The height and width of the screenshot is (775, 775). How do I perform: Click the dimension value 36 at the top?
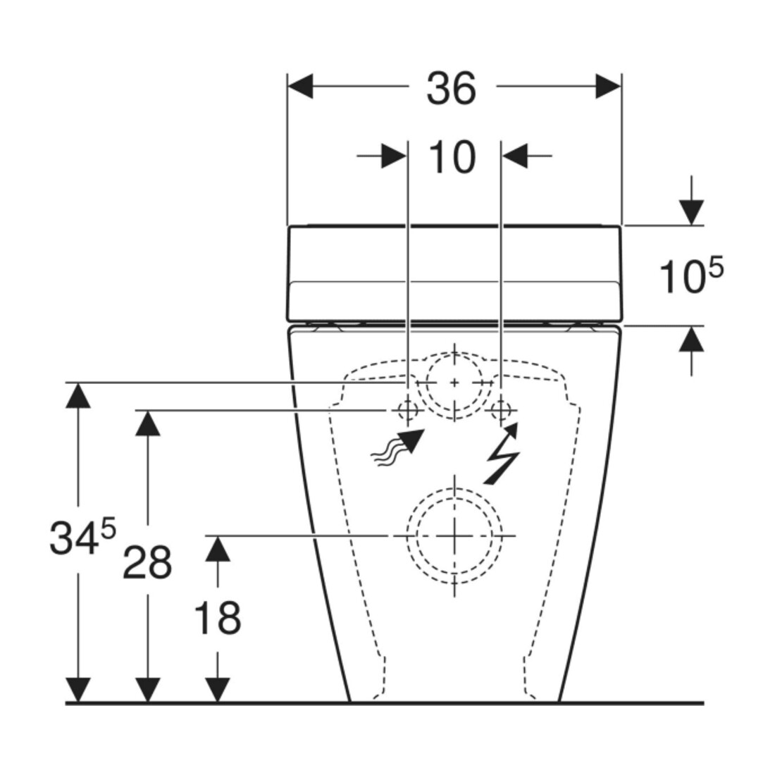pos(451,89)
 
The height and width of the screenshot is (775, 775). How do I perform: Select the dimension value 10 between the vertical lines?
pos(452,156)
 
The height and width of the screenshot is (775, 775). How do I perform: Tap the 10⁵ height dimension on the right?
pos(691,275)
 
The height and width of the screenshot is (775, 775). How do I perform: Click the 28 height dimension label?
pos(147,562)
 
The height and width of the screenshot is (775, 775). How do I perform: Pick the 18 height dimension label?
pos(218,618)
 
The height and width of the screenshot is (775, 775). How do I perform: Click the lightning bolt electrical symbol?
pos(502,453)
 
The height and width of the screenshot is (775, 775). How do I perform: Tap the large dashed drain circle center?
pos(454,535)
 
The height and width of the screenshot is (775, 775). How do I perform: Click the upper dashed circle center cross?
pos(454,383)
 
